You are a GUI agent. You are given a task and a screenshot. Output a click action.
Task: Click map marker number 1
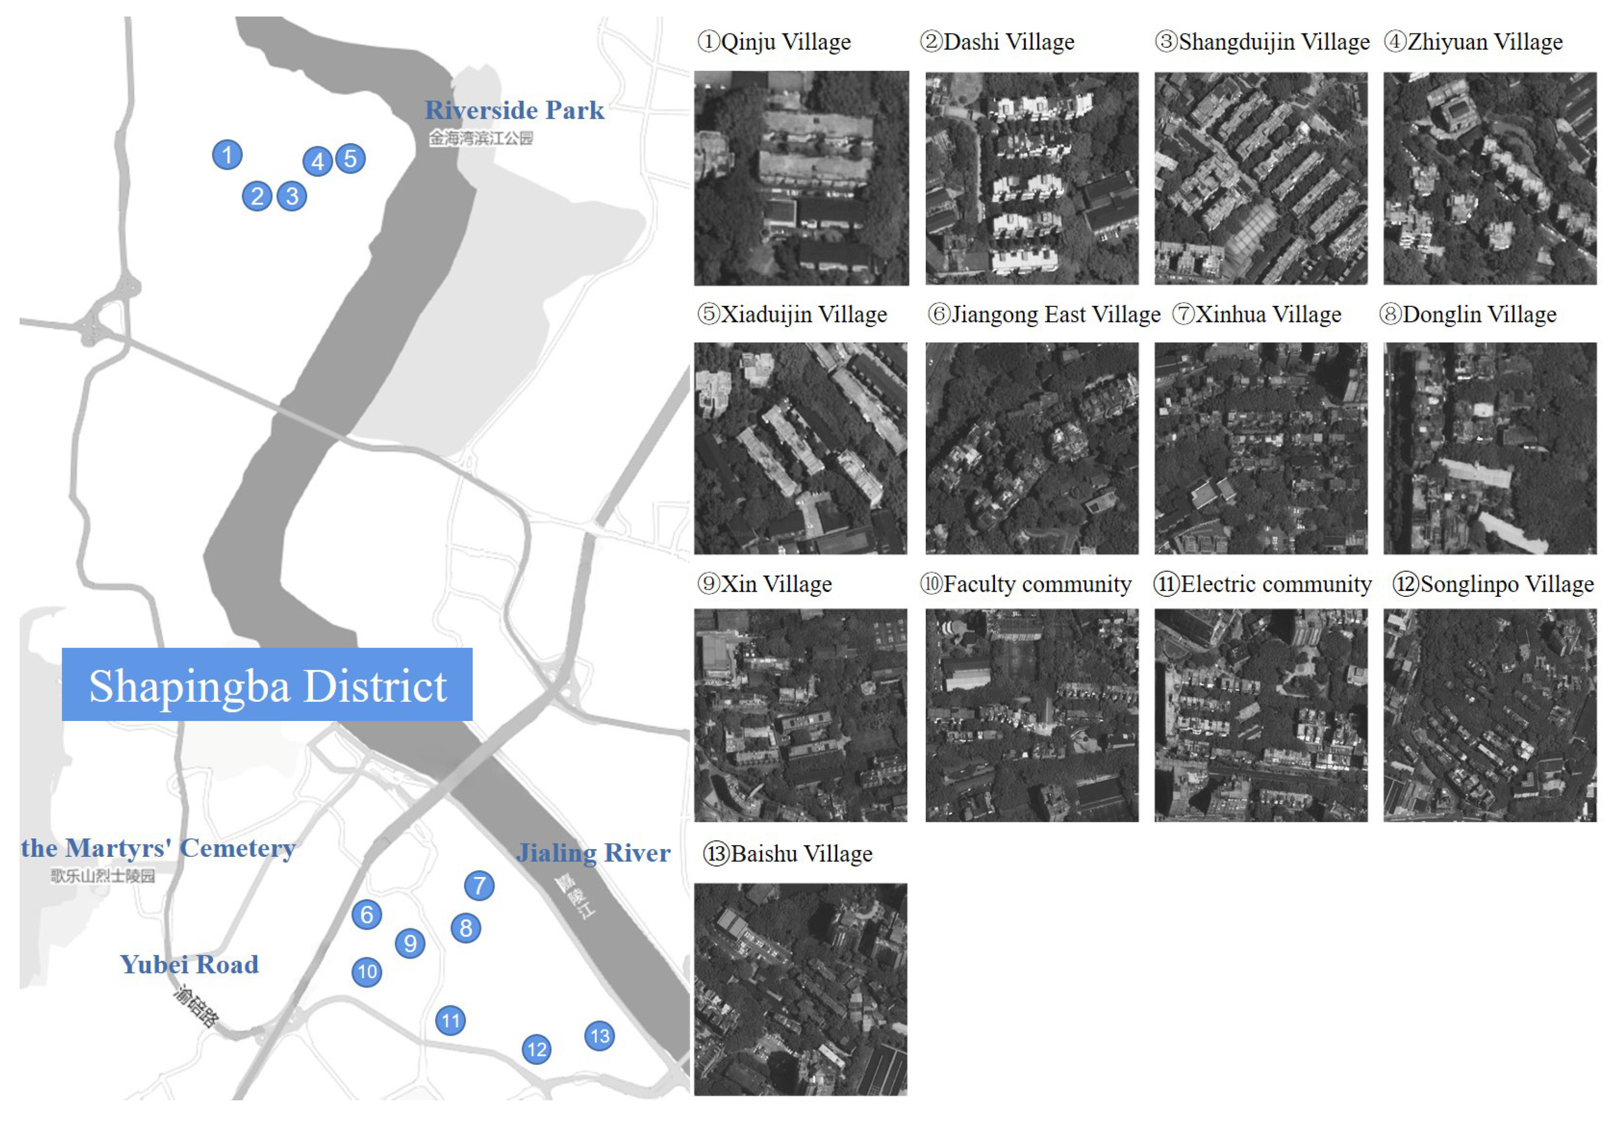coord(227,155)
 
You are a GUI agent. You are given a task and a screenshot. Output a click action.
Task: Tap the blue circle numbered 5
coord(350,159)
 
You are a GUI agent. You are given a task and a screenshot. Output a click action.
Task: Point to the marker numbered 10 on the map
coord(366,972)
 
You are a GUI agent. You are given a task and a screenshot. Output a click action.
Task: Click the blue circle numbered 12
coord(536,1049)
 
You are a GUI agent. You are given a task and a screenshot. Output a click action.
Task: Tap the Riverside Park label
coord(514,110)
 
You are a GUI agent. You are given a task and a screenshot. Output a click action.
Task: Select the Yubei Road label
coord(189,965)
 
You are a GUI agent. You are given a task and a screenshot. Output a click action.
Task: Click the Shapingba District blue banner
coord(267,685)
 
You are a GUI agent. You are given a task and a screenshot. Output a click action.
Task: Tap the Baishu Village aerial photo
coord(801,989)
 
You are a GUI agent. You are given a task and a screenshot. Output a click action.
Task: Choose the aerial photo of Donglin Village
coord(1490,448)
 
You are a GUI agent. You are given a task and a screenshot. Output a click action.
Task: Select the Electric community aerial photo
coord(1260,715)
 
